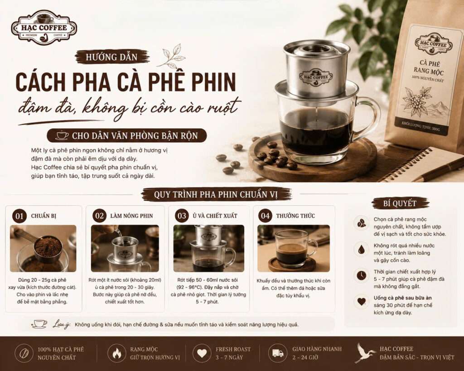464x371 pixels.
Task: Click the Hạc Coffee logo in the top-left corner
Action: click(44, 28)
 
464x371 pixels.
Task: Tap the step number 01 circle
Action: click(19, 216)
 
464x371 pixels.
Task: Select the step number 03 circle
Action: click(182, 216)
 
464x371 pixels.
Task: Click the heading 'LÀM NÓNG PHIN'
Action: click(131, 216)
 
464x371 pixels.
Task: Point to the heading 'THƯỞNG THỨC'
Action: click(295, 216)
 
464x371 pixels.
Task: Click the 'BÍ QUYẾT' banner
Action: click(400, 203)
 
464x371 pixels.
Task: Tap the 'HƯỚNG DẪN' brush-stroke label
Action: click(112, 57)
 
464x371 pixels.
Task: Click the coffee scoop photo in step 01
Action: click(43, 248)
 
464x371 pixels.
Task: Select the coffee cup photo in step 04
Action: click(294, 248)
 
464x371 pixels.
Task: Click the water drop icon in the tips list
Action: click(361, 249)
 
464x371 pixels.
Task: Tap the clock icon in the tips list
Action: click(361, 275)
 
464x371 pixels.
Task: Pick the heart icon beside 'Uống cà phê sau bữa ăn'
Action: click(361, 302)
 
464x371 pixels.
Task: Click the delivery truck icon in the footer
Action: click(278, 353)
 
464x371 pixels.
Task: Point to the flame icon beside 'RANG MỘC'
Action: click(117, 353)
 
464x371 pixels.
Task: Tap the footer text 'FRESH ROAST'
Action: click(233, 349)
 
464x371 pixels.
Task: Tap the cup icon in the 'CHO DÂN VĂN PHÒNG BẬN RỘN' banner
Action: click(62, 135)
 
